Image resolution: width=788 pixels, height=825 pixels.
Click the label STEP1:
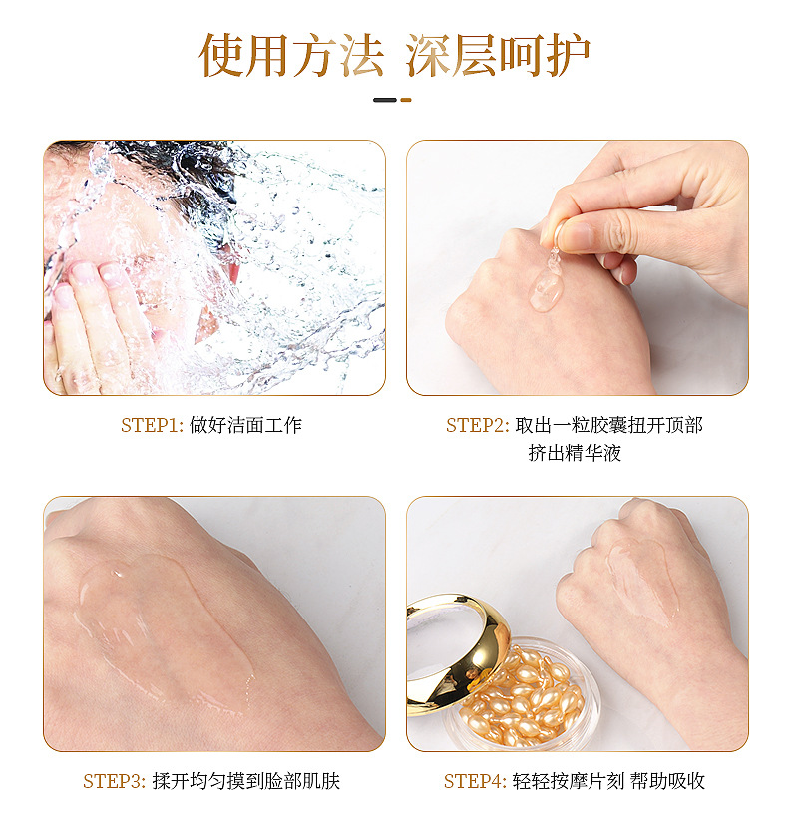(152, 425)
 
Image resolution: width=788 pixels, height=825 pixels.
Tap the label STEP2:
(478, 425)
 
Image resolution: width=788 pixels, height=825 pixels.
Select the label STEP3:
(114, 781)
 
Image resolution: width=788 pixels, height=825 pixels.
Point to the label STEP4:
(475, 781)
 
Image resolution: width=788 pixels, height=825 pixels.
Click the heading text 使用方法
(291, 55)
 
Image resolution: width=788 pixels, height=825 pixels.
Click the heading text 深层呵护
(497, 55)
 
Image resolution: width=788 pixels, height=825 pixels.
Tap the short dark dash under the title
(385, 100)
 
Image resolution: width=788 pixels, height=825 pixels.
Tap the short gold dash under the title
(406, 100)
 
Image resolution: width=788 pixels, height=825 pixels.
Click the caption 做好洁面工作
(245, 425)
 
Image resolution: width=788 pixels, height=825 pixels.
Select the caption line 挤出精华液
(575, 453)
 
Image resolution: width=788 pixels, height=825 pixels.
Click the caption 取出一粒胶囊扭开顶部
(609, 425)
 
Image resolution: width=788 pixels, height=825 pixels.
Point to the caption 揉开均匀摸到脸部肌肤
(246, 781)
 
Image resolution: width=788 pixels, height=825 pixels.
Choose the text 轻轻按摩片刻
(569, 781)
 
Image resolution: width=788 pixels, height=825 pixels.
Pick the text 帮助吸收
(668, 781)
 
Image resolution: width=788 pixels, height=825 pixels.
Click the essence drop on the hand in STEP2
(547, 288)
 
